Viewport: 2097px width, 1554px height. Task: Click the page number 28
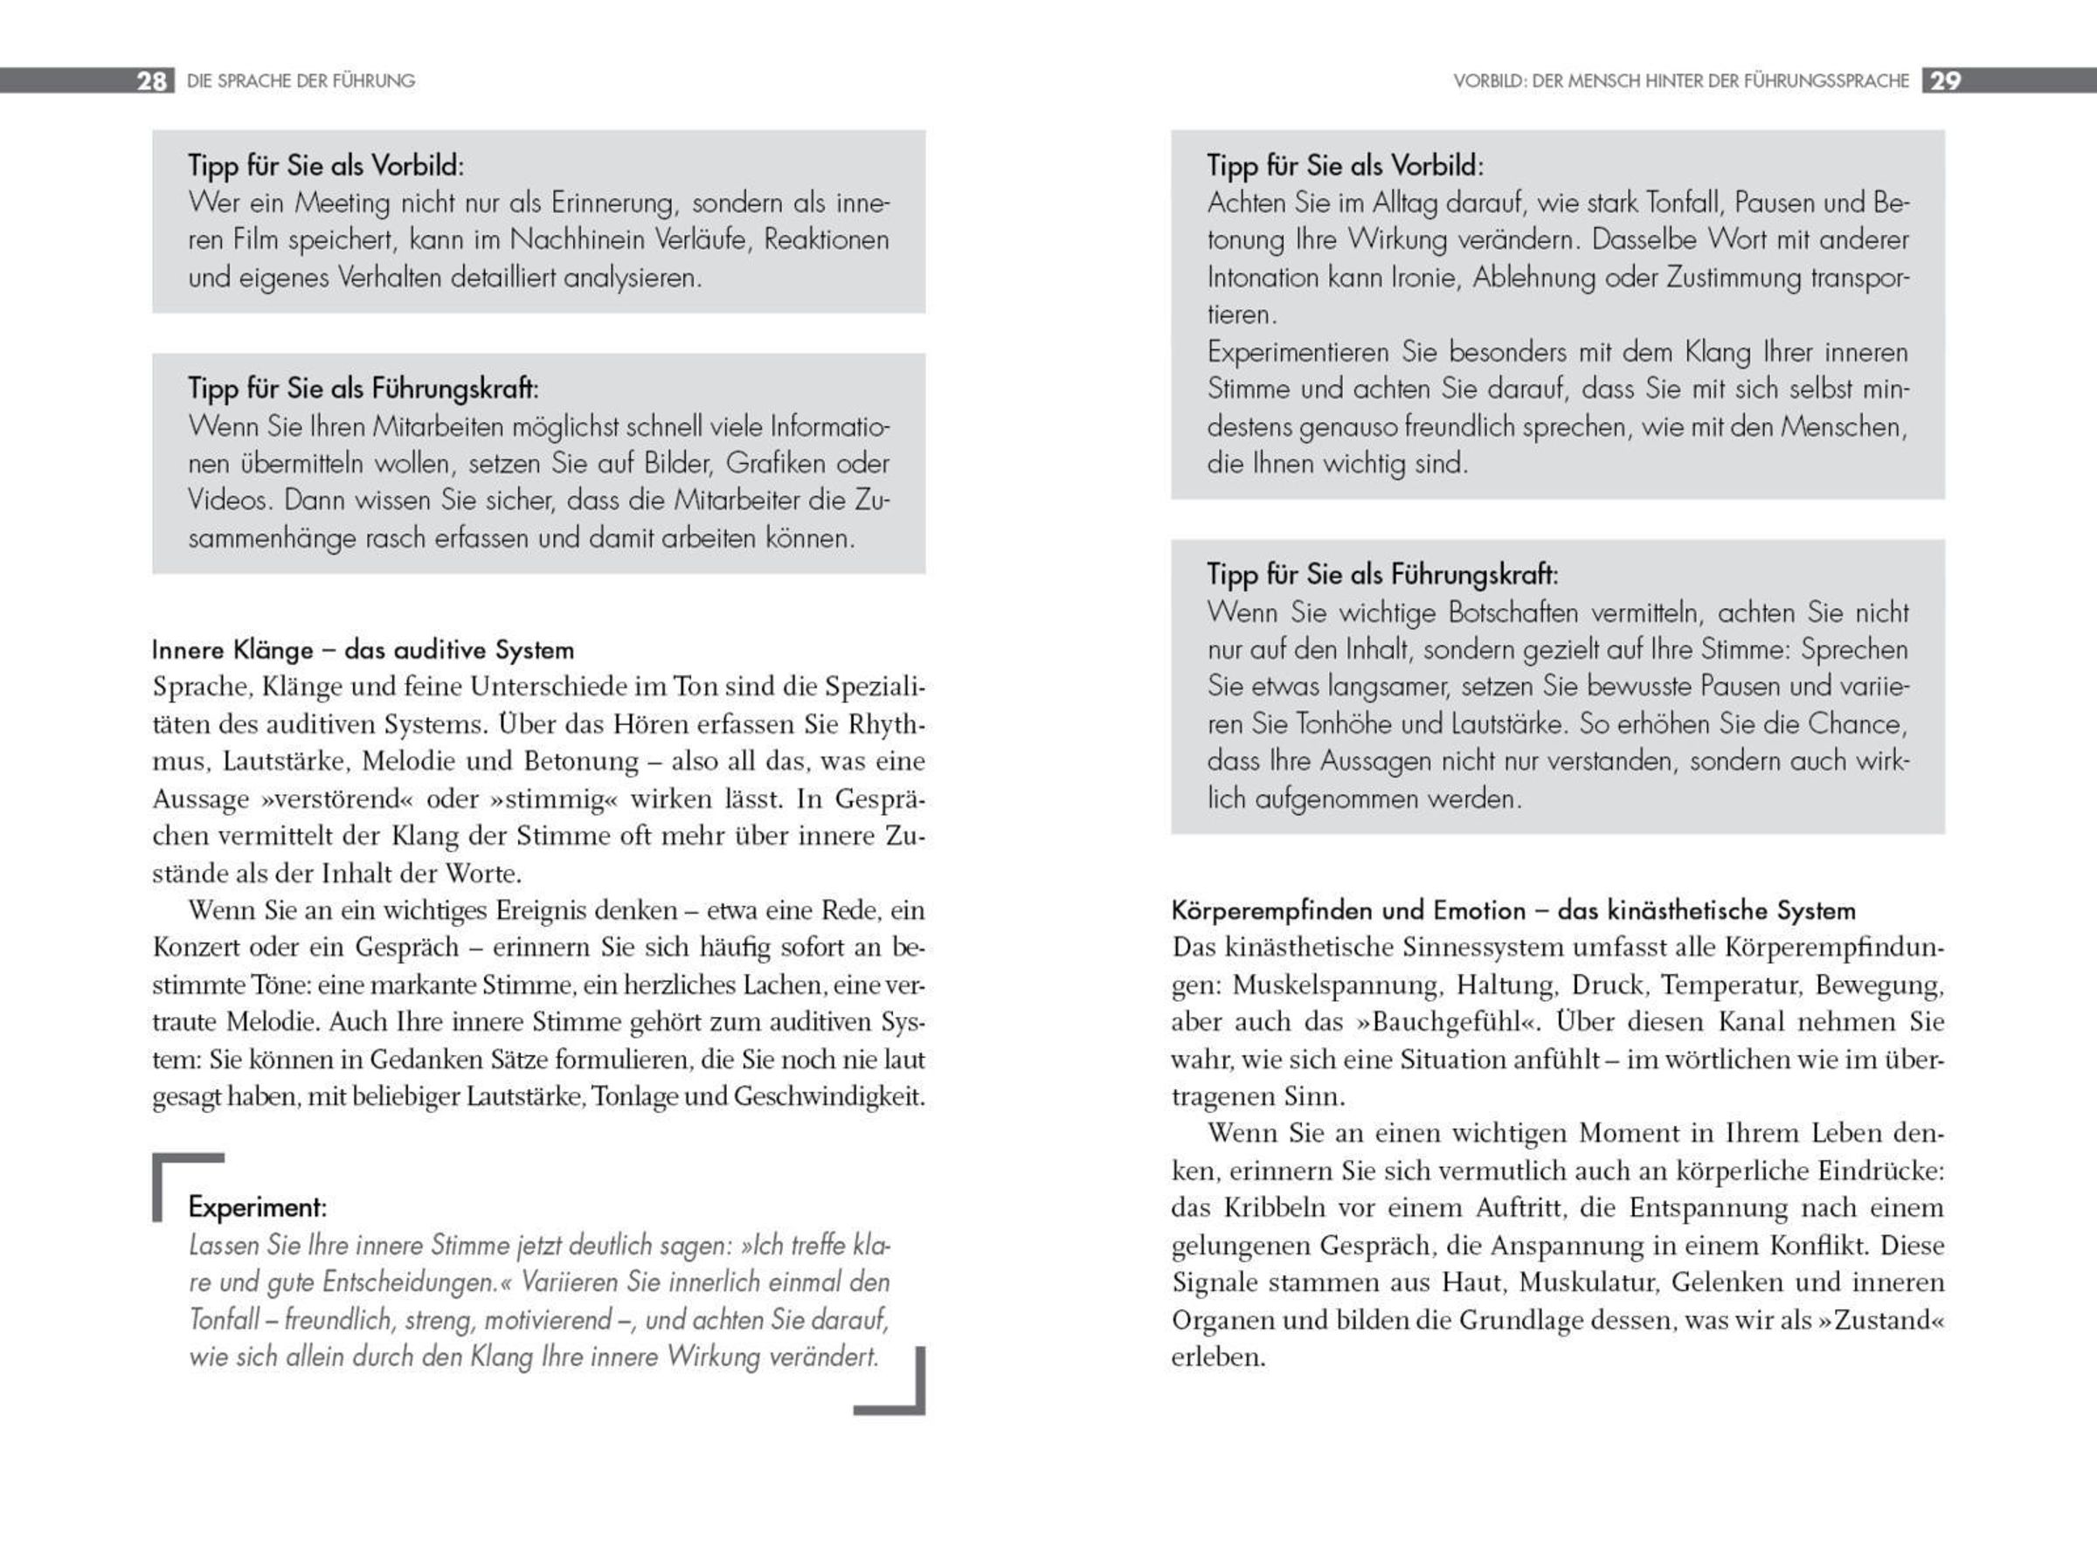point(151,81)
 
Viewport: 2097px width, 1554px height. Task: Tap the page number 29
point(1945,81)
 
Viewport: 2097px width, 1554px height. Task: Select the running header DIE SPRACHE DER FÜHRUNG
point(301,81)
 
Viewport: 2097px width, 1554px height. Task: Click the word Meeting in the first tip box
point(342,204)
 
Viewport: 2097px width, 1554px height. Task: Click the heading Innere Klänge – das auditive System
point(363,650)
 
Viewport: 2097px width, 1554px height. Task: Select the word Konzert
point(196,947)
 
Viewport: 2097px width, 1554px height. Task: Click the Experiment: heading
point(257,1207)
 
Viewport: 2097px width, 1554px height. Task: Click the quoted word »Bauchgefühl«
point(1436,1023)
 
